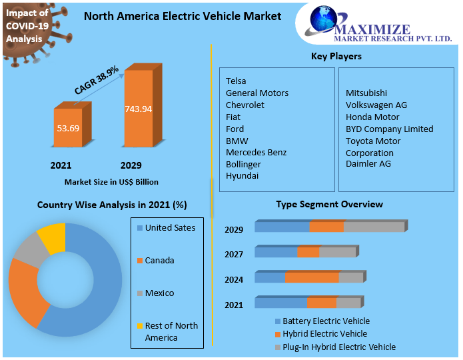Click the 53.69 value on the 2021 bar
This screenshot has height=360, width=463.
point(69,127)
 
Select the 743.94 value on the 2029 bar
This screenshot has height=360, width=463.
point(138,109)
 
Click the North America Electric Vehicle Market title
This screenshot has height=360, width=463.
point(183,16)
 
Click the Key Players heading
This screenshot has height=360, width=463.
point(336,57)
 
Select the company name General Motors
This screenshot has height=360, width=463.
point(257,93)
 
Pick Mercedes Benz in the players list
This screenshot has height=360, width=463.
point(256,153)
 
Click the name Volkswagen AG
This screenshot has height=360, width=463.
point(376,105)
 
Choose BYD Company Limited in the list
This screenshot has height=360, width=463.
point(389,129)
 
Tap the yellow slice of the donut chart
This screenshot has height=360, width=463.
point(52,237)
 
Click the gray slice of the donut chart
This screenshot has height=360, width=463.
point(29,251)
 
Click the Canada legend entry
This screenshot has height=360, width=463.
point(159,261)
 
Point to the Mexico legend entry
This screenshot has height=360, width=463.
point(159,293)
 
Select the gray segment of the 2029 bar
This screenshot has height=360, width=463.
point(374,227)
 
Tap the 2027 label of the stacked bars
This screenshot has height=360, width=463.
point(234,254)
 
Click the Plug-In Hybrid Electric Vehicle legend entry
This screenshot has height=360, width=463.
point(339,347)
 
